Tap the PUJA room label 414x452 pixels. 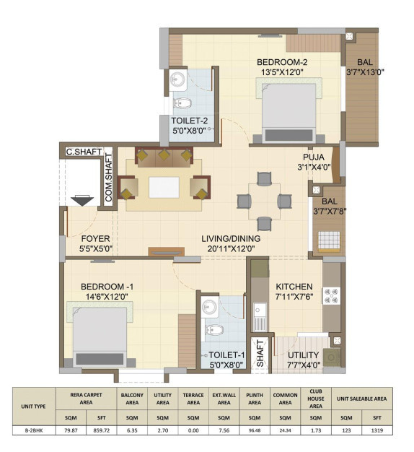tap(314, 157)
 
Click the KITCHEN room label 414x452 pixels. tap(294, 286)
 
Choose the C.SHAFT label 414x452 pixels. tap(81, 152)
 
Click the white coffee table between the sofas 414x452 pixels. tap(165, 187)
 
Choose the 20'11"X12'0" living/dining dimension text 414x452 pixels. tap(231, 249)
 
